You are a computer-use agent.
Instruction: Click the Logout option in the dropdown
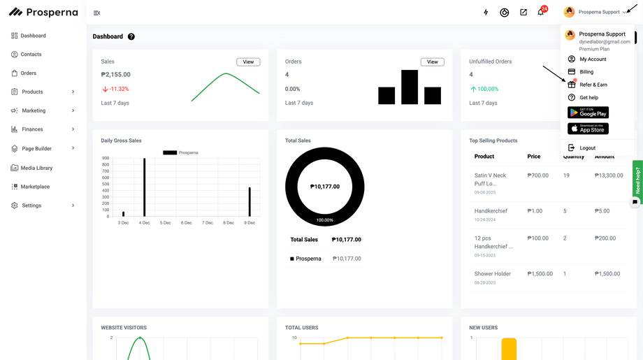point(587,148)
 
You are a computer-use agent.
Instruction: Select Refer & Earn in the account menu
point(593,85)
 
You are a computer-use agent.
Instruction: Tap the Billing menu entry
point(586,72)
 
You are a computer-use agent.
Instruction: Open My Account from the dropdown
point(593,59)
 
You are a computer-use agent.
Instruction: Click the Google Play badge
point(588,113)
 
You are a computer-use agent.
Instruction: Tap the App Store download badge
point(588,129)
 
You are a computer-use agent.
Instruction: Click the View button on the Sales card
point(248,62)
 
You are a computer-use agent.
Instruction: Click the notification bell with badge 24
point(541,13)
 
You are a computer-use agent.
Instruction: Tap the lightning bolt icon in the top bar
point(486,13)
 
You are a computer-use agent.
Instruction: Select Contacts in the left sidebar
point(31,55)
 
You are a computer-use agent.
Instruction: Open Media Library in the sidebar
point(36,168)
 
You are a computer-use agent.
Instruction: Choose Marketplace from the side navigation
point(35,187)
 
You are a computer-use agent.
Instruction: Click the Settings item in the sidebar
point(31,206)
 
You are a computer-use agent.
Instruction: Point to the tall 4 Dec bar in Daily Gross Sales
point(144,187)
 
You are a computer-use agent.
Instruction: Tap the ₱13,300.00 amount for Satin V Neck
point(609,175)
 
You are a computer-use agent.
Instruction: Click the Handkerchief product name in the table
point(491,211)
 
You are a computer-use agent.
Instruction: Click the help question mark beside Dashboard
point(131,37)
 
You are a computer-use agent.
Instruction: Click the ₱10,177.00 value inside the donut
point(325,187)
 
